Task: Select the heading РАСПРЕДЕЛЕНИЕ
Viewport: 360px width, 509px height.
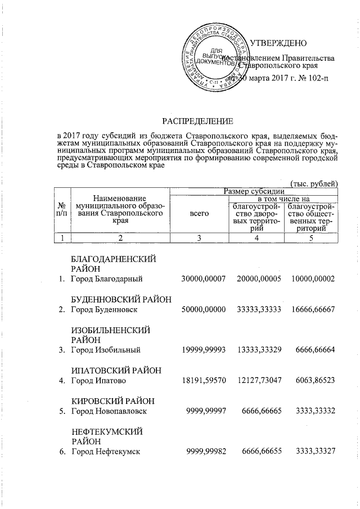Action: click(x=197, y=121)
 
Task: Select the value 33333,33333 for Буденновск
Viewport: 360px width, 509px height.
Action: click(x=258, y=310)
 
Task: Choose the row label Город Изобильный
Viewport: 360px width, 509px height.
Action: click(x=105, y=350)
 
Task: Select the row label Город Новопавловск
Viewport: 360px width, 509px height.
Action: click(x=109, y=412)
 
